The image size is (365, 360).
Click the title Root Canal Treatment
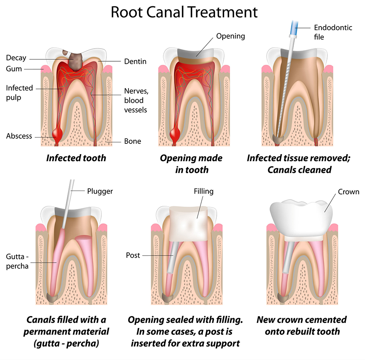tap(184, 12)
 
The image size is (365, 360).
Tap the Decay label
tap(16, 58)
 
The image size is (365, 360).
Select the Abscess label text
tap(19, 136)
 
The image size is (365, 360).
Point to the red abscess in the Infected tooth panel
tap(57, 134)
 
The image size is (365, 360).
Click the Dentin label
tap(135, 61)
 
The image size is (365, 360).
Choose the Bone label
tap(132, 141)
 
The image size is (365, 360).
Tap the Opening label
tap(231, 36)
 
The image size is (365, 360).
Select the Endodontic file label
tap(333, 32)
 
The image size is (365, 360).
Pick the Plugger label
tap(100, 191)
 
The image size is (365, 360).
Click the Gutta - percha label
tap(17, 261)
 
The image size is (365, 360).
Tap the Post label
tap(133, 255)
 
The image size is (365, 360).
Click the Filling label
tap(204, 191)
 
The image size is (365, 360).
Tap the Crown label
tap(348, 192)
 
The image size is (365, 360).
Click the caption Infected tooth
tap(76, 158)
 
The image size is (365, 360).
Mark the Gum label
tap(14, 69)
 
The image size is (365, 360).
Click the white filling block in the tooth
tap(188, 224)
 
